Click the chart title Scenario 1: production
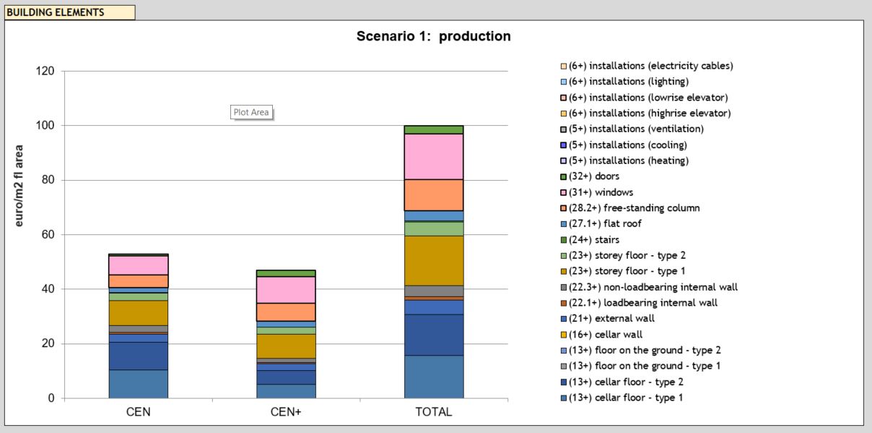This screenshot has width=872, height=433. click(433, 36)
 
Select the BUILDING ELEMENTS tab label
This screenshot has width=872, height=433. click(56, 12)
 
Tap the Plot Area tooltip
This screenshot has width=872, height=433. click(250, 112)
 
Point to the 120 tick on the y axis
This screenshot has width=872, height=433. click(45, 72)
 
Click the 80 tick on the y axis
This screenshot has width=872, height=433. click(48, 180)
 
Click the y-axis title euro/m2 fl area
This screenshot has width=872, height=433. click(19, 186)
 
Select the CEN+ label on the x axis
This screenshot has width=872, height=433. click(286, 412)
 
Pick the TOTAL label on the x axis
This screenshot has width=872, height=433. click(433, 412)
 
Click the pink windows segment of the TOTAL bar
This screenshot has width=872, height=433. click(433, 156)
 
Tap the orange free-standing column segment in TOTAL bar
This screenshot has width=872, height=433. click(433, 194)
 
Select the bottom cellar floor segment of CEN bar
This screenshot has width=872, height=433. click(139, 384)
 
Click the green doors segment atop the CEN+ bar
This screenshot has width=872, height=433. click(286, 273)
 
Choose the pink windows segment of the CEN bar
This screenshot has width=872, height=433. click(139, 265)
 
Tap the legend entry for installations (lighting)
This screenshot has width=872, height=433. click(628, 82)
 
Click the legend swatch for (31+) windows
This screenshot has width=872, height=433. click(562, 192)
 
